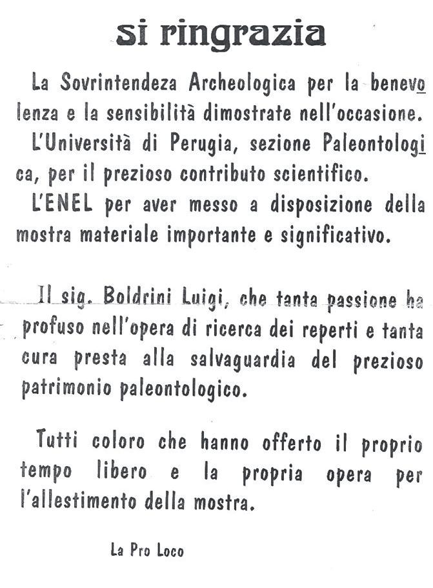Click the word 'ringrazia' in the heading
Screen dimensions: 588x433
tap(252, 34)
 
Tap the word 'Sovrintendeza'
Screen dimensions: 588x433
tap(120, 84)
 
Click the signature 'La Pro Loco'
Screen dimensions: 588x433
tap(147, 550)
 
